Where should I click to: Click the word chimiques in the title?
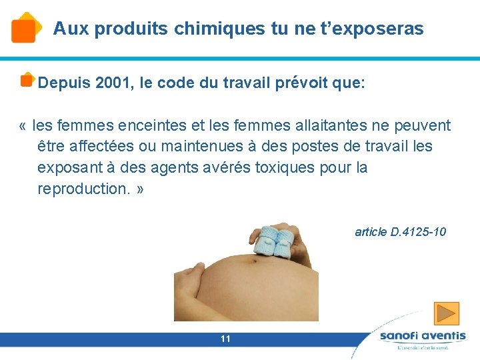(210, 29)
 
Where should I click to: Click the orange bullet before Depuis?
(27, 80)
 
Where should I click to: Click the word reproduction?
(84, 189)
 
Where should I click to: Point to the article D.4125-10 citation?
(400, 232)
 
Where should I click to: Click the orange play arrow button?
(446, 313)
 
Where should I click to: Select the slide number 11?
(225, 339)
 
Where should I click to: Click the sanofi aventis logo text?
(423, 336)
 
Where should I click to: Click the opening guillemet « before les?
(24, 125)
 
